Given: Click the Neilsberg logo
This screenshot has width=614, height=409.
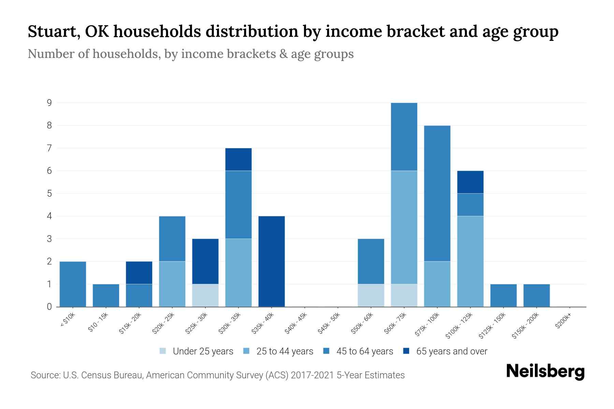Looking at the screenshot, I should (x=545, y=372).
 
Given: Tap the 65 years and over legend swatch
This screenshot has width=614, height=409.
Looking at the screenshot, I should (x=406, y=351).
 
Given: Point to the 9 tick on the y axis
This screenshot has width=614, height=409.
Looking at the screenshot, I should (x=49, y=103).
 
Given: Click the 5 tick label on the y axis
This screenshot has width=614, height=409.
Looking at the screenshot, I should (x=49, y=194).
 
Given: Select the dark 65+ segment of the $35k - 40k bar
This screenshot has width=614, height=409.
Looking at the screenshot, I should (x=272, y=261).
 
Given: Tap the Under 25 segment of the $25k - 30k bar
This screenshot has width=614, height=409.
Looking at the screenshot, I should (x=205, y=296).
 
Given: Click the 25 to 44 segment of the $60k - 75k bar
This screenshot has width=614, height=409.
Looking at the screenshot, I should (x=404, y=227).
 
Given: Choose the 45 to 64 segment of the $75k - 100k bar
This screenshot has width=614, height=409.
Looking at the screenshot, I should (x=437, y=194).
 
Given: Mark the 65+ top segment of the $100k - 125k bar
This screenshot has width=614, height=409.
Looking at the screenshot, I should (x=470, y=182).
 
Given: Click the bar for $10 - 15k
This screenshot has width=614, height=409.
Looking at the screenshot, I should (x=106, y=296).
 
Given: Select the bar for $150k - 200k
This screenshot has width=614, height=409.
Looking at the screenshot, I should (x=536, y=296).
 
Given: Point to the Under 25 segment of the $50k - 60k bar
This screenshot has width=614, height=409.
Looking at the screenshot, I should (x=371, y=296).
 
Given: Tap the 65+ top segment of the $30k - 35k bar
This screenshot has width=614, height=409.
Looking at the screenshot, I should (x=238, y=160).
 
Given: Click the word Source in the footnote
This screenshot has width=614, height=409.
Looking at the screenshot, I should (x=45, y=375).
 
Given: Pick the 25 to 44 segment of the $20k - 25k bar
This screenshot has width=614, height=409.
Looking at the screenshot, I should (x=172, y=284).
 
